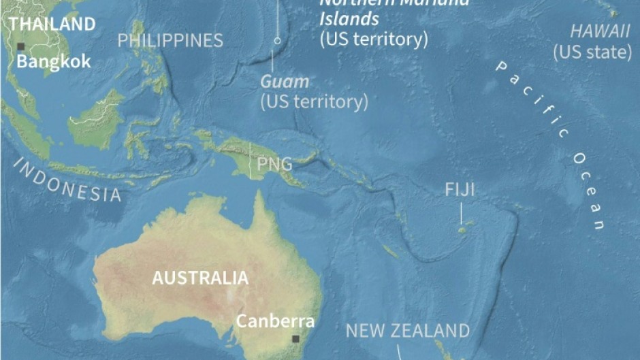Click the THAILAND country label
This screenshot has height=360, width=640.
[52, 24]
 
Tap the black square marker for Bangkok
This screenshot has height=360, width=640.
[21, 46]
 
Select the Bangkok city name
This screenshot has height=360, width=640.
[53, 61]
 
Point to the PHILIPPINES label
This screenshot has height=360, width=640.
[170, 41]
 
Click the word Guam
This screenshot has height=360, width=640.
[285, 82]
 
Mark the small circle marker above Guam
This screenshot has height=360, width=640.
[277, 41]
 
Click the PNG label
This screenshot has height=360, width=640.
[274, 164]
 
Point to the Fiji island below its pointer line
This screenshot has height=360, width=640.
[462, 231]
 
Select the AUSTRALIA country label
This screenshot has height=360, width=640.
[200, 278]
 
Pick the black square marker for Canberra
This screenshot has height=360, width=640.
[295, 338]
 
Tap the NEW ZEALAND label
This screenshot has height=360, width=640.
[407, 331]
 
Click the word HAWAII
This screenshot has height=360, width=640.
[600, 31]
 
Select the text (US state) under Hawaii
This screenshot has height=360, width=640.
[592, 51]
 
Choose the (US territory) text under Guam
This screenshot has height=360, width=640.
[314, 102]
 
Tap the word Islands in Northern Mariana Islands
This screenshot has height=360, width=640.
[349, 18]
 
